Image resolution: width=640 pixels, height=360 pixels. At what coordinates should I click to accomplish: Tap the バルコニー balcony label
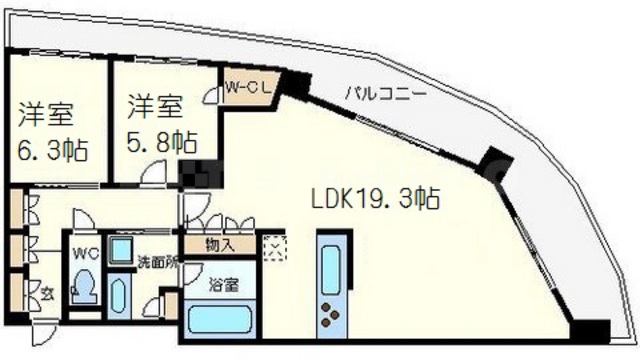click(386, 92)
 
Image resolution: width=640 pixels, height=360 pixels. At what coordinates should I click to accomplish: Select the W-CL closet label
click(244, 86)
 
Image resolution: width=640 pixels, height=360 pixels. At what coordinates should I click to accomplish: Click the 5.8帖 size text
click(161, 139)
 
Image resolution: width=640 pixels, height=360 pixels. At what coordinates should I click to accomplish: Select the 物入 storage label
click(221, 244)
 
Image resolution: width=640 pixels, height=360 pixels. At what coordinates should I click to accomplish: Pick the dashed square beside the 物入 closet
click(271, 246)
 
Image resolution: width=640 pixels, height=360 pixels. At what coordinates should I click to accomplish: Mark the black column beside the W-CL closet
click(297, 86)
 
